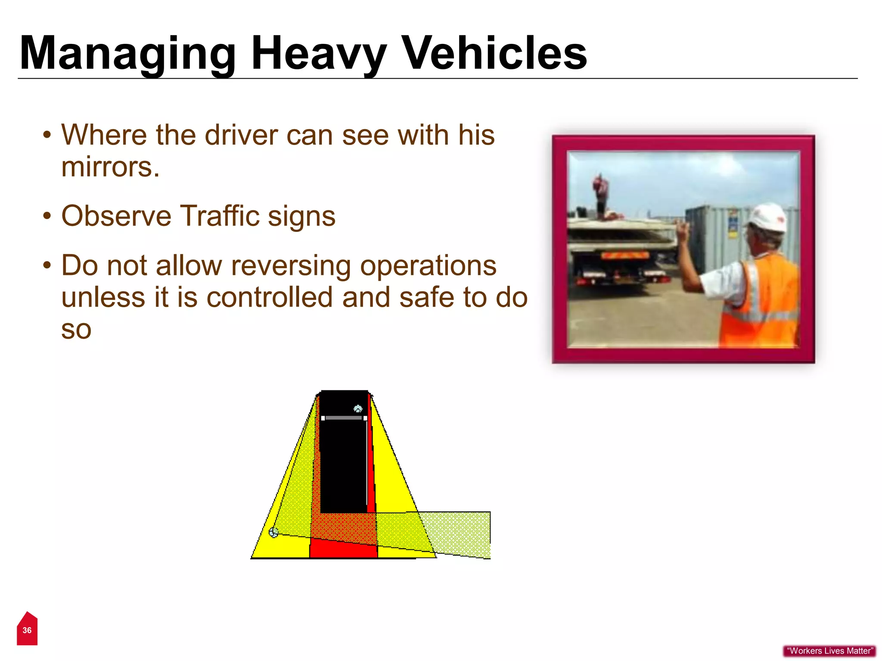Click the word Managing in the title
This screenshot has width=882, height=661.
(x=127, y=54)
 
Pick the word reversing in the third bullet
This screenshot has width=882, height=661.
(x=291, y=266)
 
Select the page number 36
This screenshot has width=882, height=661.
(x=27, y=630)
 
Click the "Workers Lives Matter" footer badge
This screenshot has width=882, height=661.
(x=829, y=651)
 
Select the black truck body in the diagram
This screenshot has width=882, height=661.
(x=343, y=465)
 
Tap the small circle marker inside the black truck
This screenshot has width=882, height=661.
(x=358, y=408)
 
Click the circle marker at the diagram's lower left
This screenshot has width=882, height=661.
(x=273, y=533)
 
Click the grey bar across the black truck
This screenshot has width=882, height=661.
(x=344, y=418)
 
